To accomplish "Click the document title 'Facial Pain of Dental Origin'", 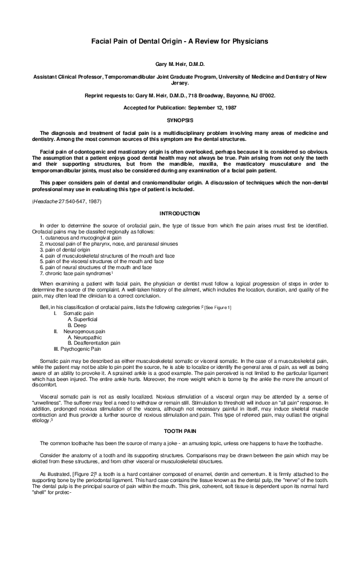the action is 180,41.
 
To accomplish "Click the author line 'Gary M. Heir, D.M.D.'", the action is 180,63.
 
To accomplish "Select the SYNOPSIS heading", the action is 180,121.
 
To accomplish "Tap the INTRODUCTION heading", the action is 180,213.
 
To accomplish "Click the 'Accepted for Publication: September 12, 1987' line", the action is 180,107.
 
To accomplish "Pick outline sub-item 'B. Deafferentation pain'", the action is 94,343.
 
